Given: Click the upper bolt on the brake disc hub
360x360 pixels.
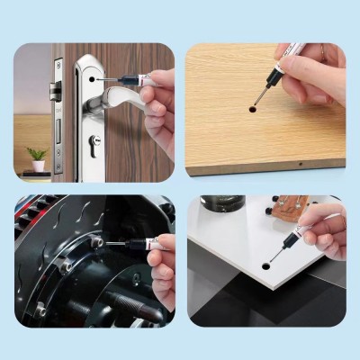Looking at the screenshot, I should tap(94, 242).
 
